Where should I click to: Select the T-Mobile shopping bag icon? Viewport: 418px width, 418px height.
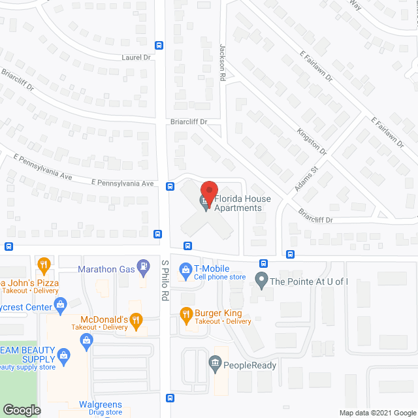(x=185, y=268)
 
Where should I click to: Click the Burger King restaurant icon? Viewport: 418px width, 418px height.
(x=185, y=314)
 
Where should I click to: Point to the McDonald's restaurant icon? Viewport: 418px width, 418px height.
(x=136, y=319)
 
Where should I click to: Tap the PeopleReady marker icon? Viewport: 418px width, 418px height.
(x=216, y=364)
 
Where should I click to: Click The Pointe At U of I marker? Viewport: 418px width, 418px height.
(x=261, y=282)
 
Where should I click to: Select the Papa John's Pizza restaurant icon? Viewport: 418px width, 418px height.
(x=44, y=265)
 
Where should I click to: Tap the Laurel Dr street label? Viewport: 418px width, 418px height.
(x=136, y=57)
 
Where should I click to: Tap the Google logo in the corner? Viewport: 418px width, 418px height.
(x=21, y=410)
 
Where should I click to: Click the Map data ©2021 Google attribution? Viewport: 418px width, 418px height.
(x=377, y=412)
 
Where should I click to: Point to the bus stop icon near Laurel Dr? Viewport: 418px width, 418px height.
(x=159, y=45)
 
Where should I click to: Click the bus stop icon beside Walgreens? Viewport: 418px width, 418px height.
(x=170, y=398)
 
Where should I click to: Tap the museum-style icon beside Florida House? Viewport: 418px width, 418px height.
(x=204, y=204)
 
